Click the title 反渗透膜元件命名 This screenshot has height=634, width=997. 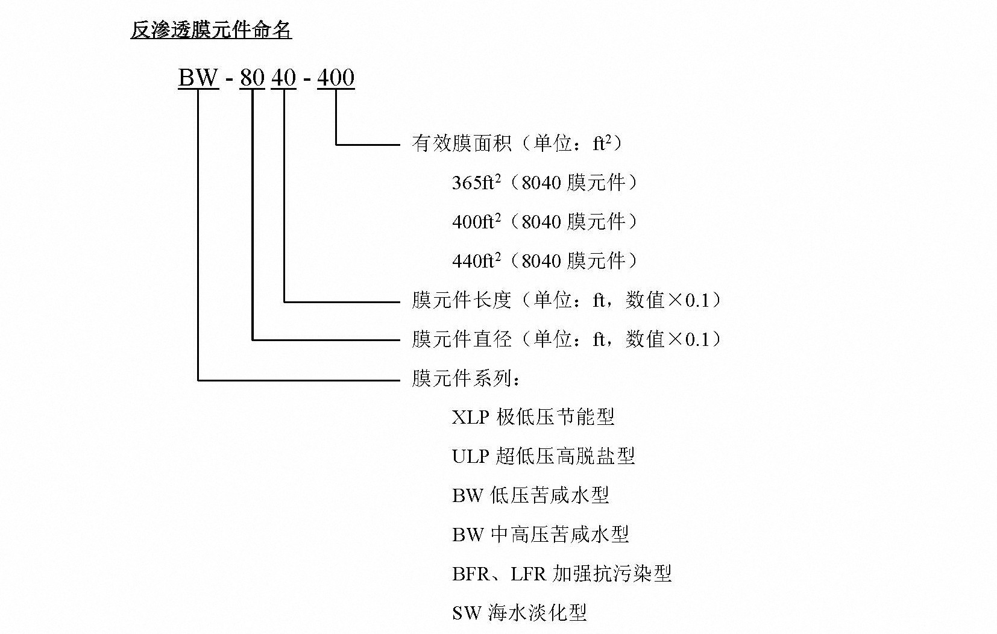coord(211,30)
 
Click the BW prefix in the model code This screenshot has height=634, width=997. coord(198,77)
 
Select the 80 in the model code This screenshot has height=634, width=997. coord(253,77)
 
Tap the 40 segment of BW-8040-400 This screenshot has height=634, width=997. coord(283,77)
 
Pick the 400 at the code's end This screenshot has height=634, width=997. coord(336,77)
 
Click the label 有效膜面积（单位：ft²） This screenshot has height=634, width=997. coord(517,143)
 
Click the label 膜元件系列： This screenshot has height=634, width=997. coord(465,378)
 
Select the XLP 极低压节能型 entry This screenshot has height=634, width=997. coord(533,417)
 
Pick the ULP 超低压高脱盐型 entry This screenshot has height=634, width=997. coord(544,456)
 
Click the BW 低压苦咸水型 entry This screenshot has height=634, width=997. coord(530,495)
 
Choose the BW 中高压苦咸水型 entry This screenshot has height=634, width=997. coord(541,535)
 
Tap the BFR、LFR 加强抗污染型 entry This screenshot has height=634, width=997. coord(562,574)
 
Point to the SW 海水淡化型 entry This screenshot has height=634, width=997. coord(520,613)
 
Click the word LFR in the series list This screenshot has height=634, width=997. coord(528,574)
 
